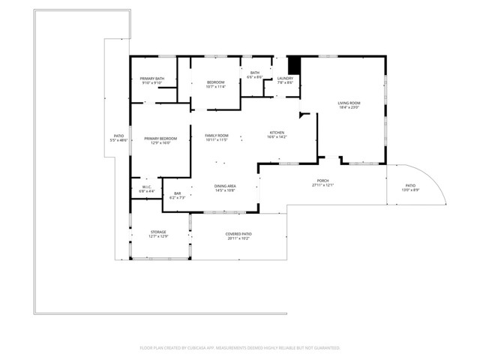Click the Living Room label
point(349,103)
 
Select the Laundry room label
point(285,79)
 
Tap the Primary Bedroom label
point(160,139)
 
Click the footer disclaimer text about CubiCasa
point(240,348)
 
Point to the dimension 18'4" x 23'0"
point(349,107)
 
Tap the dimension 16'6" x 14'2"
point(277,137)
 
